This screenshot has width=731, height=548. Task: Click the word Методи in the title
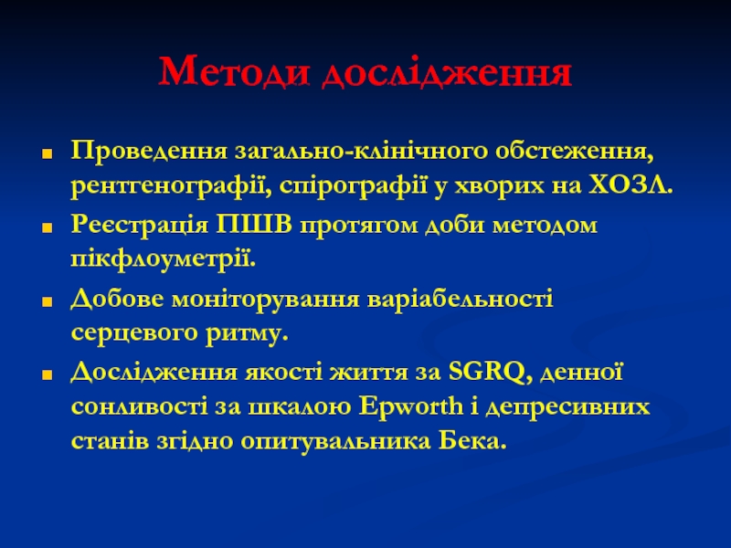coord(234,71)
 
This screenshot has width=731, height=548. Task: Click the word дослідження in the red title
coord(447,72)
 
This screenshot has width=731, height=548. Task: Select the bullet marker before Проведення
coord(47,153)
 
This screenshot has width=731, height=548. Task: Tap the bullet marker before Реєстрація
coord(47,227)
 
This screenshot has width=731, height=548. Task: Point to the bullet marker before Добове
coord(47,301)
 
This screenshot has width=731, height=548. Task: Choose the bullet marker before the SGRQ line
coord(47,375)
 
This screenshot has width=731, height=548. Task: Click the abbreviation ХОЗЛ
coord(630,185)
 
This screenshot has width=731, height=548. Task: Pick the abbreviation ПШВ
coord(254,225)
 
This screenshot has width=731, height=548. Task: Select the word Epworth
coord(410,406)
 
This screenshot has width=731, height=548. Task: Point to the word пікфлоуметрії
coord(164,260)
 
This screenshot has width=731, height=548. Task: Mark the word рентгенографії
coord(171,186)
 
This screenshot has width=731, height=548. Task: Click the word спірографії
coord(354,186)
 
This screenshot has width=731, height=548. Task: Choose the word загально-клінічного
coord(361,152)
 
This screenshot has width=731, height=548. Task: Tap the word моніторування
coord(266,300)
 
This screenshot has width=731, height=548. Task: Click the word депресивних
coord(567,407)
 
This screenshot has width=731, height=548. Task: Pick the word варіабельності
coord(461,299)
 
